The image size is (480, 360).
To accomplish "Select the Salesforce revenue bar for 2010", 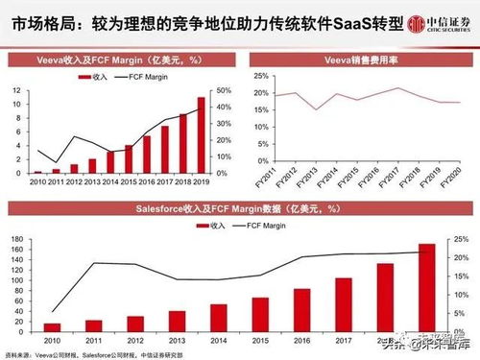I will click(x=52, y=327).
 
